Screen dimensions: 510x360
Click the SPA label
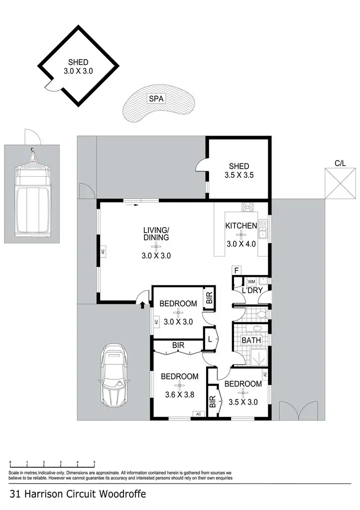click(156, 99)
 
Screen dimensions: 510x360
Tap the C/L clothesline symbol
click(340, 184)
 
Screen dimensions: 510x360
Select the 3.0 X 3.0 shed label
click(78, 71)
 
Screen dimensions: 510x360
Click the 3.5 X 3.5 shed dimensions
click(239, 175)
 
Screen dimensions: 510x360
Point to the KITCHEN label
click(241, 226)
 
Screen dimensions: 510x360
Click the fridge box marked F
click(238, 270)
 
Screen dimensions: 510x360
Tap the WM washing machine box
click(251, 282)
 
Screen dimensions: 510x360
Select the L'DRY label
click(252, 290)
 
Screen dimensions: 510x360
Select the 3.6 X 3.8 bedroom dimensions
click(179, 395)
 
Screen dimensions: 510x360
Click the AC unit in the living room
click(103, 252)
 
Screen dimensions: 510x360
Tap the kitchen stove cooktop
click(247, 207)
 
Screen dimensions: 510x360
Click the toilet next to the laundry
click(261, 314)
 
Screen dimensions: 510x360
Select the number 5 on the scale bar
click(94, 463)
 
